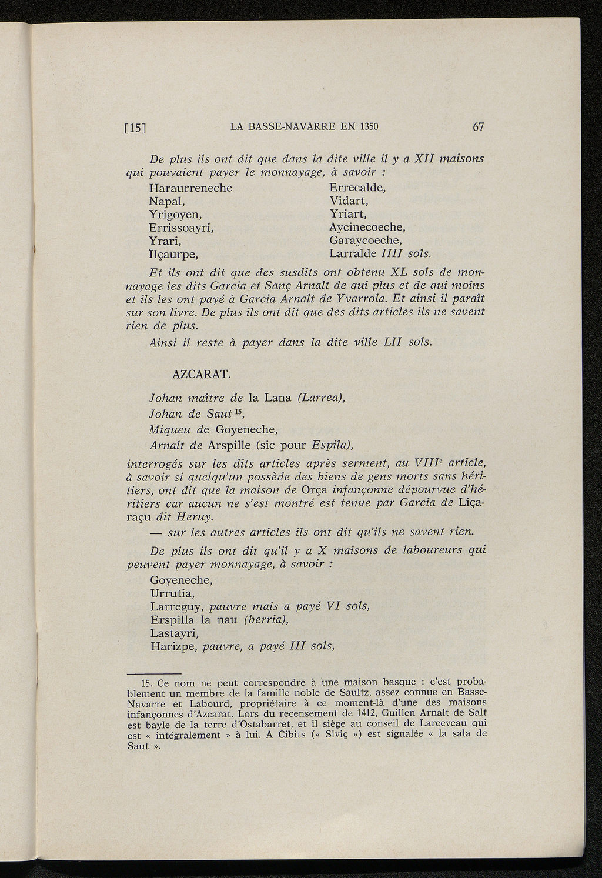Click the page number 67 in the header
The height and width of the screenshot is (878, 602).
tap(478, 127)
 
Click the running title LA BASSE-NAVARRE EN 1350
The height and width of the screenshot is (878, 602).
tap(304, 127)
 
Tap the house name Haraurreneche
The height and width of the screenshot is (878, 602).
tap(191, 188)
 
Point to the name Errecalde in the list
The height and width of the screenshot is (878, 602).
tap(357, 188)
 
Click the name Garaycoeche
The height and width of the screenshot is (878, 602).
tap(365, 241)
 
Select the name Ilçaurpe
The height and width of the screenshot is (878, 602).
tap(173, 255)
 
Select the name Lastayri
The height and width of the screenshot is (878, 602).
tap(175, 633)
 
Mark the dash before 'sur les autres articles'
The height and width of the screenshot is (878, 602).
tap(156, 533)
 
